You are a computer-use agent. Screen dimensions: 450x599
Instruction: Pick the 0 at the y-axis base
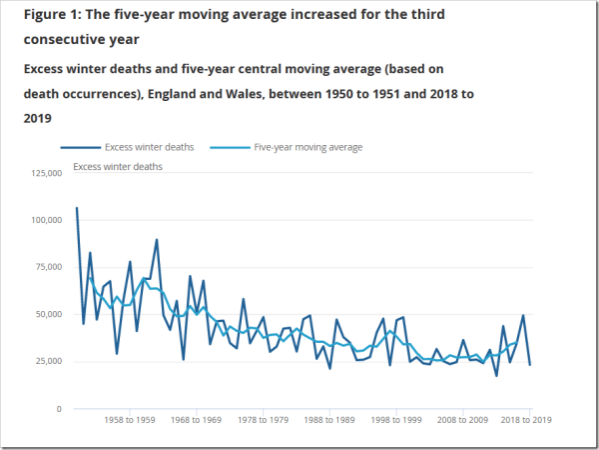click(x=60, y=409)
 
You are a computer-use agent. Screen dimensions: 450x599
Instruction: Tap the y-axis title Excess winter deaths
click(x=118, y=167)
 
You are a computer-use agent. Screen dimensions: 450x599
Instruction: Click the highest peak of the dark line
click(x=77, y=208)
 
